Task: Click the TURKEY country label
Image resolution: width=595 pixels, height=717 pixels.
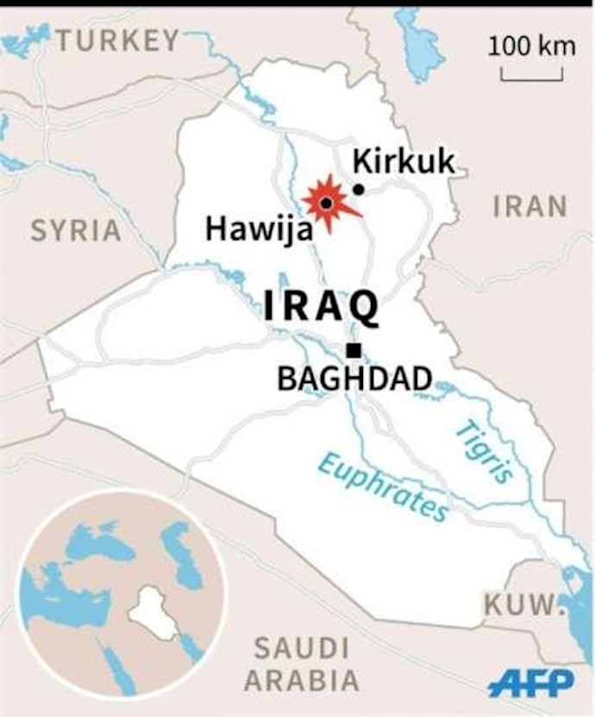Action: (119, 40)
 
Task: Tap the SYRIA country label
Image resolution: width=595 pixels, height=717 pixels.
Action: (76, 230)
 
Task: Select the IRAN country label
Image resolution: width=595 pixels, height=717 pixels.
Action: (530, 206)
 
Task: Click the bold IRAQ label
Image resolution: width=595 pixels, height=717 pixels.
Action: (321, 306)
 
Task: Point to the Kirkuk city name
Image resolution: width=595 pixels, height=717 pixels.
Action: (403, 160)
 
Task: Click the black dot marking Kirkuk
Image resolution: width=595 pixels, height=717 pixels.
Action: (358, 189)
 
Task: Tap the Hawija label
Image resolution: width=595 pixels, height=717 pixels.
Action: (248, 229)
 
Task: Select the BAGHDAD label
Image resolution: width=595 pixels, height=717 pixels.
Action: (354, 378)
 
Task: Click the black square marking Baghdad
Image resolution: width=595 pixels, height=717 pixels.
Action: (353, 349)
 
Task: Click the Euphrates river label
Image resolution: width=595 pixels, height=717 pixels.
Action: (383, 487)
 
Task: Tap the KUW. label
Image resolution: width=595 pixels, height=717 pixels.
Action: (518, 605)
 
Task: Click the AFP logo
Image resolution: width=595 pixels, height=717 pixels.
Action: (530, 683)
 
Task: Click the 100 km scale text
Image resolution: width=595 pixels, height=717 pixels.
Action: (531, 46)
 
